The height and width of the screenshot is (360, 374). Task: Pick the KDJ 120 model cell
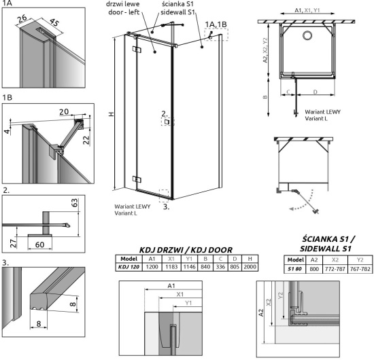[x=129, y=268]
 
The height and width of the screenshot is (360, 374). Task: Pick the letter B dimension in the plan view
[x=266, y=96]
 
